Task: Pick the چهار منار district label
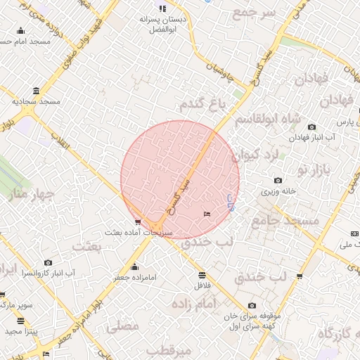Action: coord(20,193)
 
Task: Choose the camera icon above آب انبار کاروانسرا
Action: coord(49,262)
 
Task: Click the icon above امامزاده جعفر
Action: coord(134,267)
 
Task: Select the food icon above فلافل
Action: coord(202,275)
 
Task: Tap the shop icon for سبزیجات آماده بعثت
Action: coord(137,221)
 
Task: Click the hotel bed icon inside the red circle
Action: coord(206,214)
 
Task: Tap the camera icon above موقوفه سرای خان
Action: coord(252,305)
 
